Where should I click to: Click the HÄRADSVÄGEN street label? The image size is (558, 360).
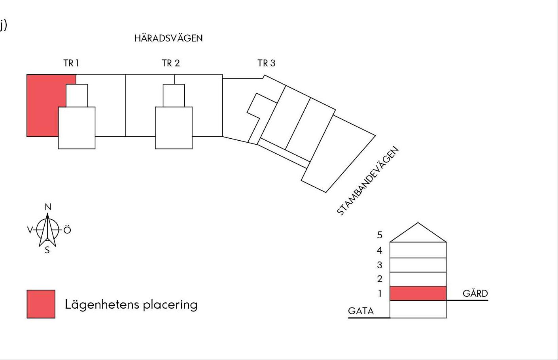(168, 38)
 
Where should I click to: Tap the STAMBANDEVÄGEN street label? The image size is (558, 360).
(368, 181)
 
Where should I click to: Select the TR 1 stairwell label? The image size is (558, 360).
(71, 63)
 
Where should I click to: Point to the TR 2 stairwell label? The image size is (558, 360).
(170, 63)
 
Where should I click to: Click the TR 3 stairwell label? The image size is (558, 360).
(266, 63)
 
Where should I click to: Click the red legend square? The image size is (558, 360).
(41, 304)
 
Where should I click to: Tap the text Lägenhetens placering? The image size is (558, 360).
(131, 305)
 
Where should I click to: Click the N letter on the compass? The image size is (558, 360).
(48, 207)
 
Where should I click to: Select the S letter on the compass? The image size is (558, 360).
(47, 250)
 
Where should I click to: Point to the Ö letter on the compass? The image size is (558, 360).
(67, 230)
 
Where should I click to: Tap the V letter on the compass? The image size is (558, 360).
(30, 230)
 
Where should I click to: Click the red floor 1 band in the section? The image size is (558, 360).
(418, 293)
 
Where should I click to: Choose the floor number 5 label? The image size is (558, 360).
(380, 235)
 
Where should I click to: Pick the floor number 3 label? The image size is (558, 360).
(380, 265)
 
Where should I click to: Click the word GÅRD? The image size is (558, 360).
(475, 293)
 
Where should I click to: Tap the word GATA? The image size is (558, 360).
(361, 311)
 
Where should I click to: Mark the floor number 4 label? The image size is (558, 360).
(379, 250)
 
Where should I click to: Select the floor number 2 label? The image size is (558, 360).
(380, 279)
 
